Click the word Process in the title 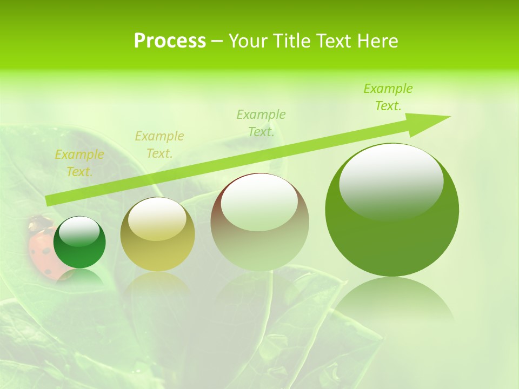click(x=170, y=41)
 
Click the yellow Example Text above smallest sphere click(x=79, y=163)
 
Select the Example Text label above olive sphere click(x=159, y=145)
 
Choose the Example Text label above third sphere click(x=261, y=123)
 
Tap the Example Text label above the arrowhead click(x=388, y=97)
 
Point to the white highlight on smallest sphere click(x=79, y=231)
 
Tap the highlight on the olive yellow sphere click(x=157, y=219)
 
